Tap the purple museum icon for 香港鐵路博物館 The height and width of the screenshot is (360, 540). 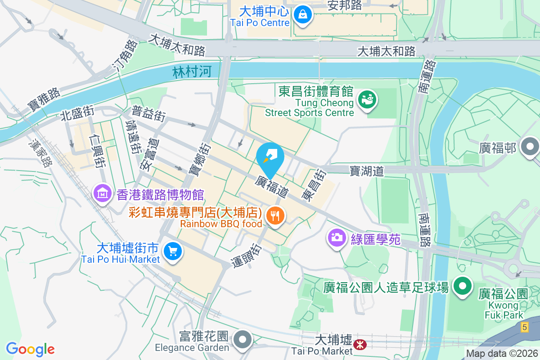pos(102,194)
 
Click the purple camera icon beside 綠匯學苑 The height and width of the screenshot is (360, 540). pos(337,237)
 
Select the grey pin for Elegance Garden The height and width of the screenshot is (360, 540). pos(243,340)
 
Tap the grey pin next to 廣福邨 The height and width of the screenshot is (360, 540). pos(530,147)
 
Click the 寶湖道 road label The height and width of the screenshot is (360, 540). pos(367,171)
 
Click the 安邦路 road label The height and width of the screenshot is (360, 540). pos(345,5)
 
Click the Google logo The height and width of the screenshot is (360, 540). pos(30,349)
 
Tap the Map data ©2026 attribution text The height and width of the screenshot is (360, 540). pos(502,353)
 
